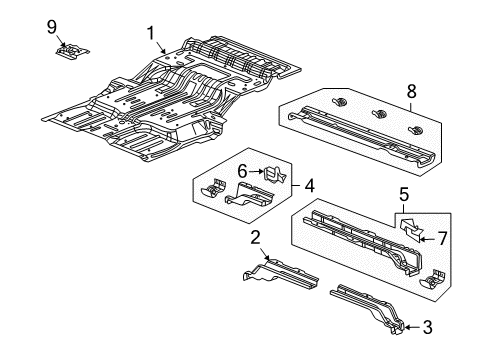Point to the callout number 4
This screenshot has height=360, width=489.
pos(310,184)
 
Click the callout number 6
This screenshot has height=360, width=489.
pos(242,172)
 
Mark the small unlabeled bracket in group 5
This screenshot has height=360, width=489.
pos(432,279)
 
